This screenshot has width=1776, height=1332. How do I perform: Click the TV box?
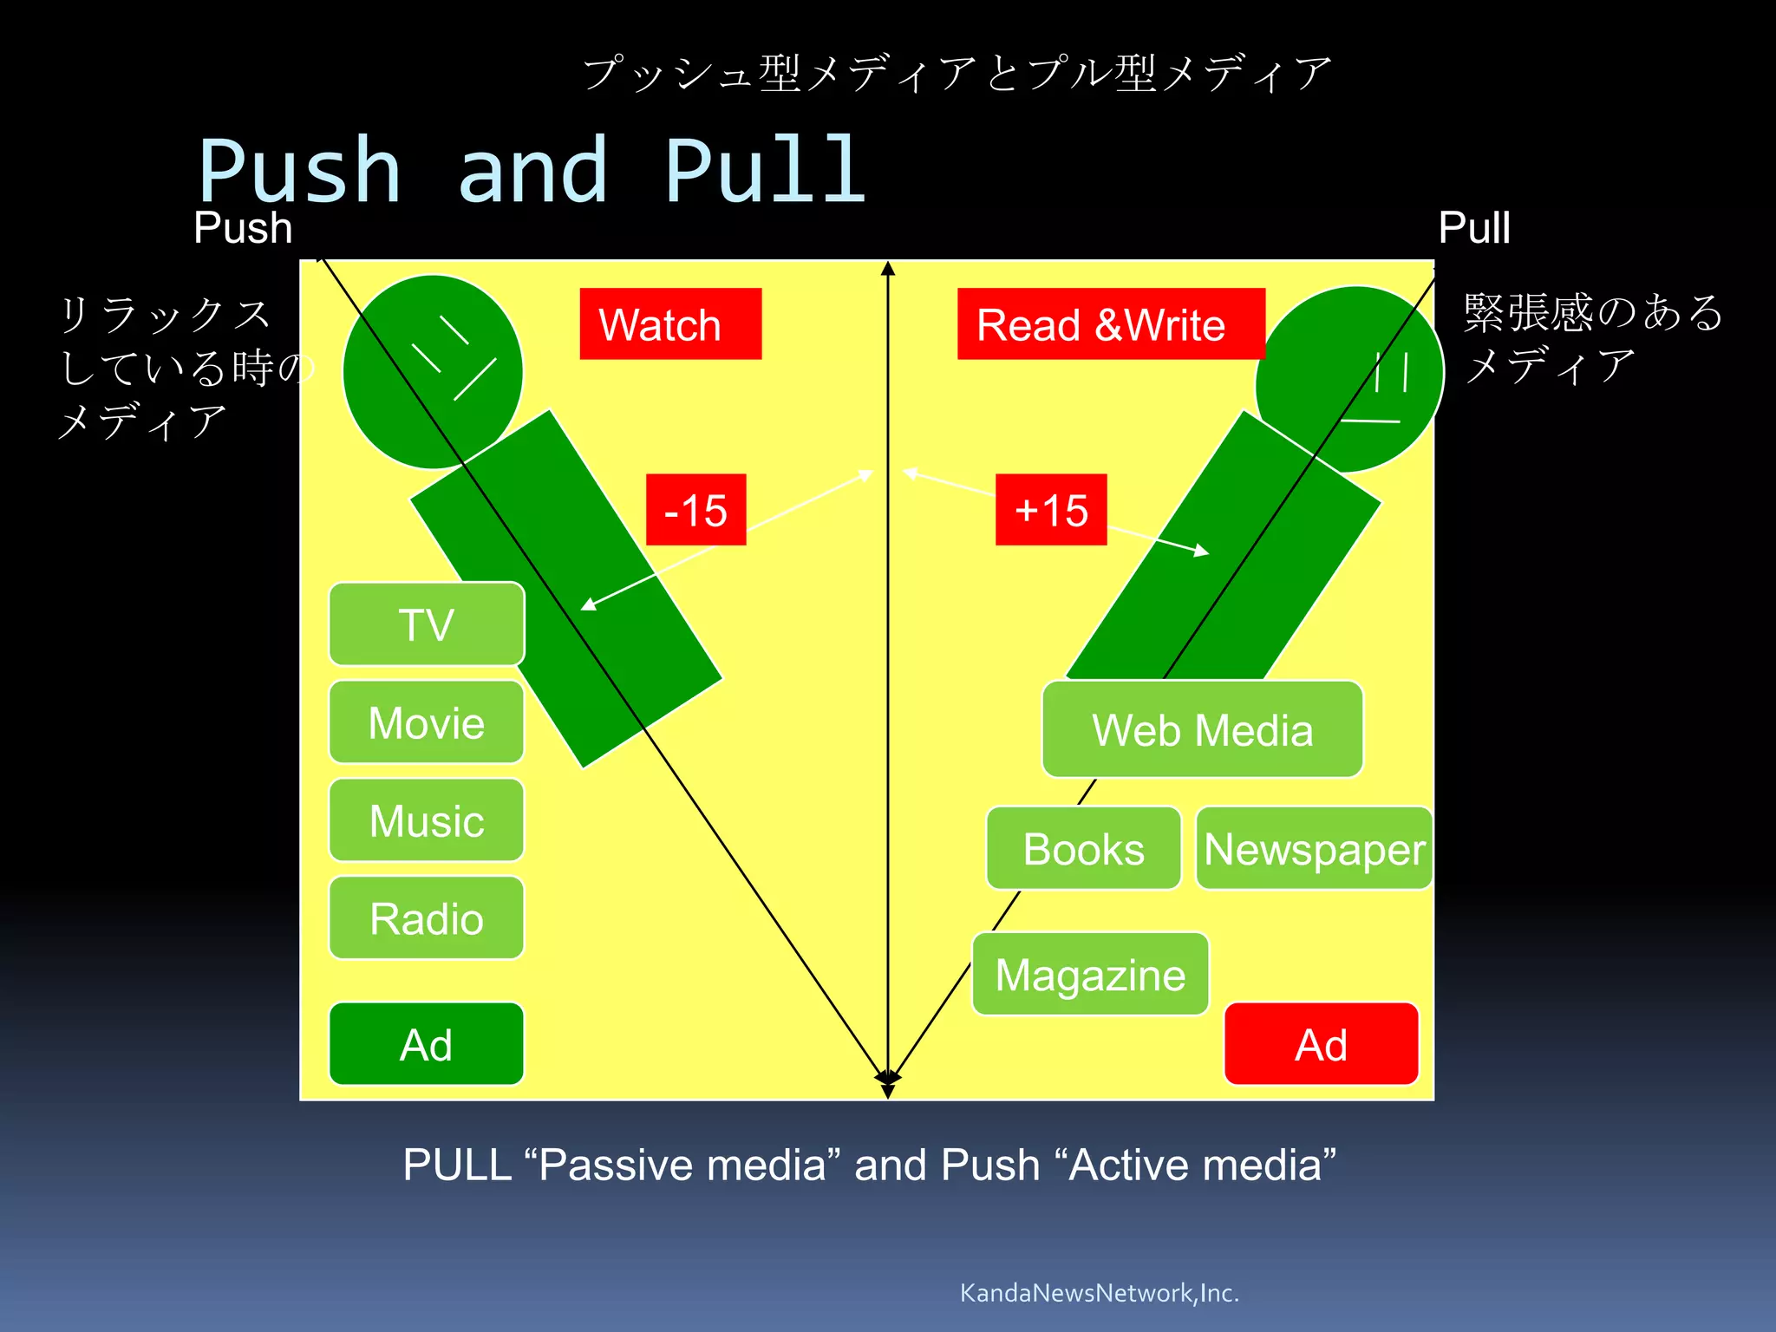[x=427, y=624]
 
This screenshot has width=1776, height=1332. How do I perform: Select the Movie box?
[x=427, y=722]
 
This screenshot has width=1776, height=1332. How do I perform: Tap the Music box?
[x=427, y=820]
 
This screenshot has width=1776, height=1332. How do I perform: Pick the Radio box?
[x=427, y=918]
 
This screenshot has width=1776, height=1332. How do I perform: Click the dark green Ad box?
[x=427, y=1044]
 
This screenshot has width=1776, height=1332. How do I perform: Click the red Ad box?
[x=1321, y=1044]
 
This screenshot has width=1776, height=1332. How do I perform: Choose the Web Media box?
[x=1202, y=729]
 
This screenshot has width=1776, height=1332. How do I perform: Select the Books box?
[x=1083, y=849]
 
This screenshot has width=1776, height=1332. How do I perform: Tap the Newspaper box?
[x=1314, y=849]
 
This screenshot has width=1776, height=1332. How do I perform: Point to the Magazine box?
[x=1090, y=974]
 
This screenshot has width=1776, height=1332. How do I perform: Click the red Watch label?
[x=670, y=324]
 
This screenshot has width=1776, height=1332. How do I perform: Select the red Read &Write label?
[x=1110, y=324]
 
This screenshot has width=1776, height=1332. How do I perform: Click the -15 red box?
[x=695, y=510]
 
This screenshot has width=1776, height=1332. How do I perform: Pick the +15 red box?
[x=1051, y=510]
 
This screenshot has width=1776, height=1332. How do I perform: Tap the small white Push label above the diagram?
[x=243, y=228]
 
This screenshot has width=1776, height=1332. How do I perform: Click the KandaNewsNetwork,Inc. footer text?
[x=1099, y=1293]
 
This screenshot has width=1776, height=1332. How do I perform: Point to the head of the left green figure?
[x=433, y=372]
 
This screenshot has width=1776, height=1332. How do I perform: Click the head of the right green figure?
[x=1349, y=379]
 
